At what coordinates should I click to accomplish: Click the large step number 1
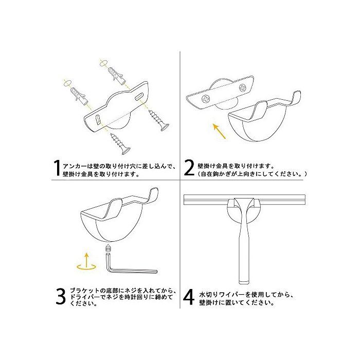57,168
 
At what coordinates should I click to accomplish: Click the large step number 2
189,168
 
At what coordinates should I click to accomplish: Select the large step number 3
61,296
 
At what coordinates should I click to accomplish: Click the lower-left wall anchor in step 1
79,96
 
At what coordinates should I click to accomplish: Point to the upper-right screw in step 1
159,120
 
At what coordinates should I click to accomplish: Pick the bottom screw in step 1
120,143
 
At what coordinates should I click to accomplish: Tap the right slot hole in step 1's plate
139,96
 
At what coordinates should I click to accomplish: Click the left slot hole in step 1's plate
98,119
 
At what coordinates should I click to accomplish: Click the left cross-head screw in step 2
206,99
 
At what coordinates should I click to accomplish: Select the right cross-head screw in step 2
242,87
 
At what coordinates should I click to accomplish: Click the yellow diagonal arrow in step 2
219,131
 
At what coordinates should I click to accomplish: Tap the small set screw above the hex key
107,248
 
